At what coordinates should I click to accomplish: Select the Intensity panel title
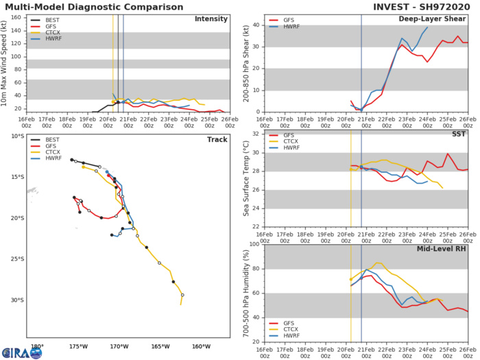pyautogui.click(x=213, y=19)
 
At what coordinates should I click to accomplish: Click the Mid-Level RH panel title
pyautogui.click(x=445, y=248)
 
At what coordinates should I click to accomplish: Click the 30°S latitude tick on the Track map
pyautogui.click(x=16, y=300)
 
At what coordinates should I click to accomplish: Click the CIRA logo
pyautogui.click(x=21, y=352)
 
